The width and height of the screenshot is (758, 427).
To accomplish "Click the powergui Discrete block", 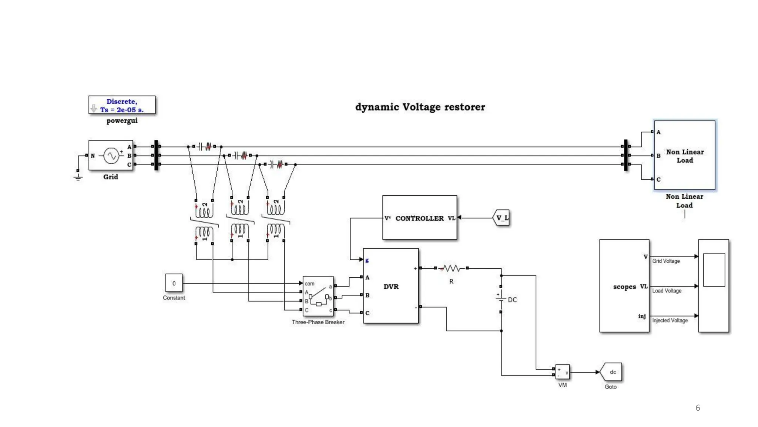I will pos(122,105).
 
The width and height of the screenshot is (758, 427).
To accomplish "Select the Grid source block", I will pos(111,155).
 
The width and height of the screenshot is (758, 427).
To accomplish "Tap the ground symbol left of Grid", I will pos(78,177).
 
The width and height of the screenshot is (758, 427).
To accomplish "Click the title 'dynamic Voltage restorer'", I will pos(420,107).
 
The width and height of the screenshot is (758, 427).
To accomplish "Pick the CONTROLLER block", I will pos(419,218).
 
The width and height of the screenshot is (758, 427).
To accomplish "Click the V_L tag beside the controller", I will pos(502,218).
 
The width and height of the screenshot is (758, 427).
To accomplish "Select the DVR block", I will pos(391,286).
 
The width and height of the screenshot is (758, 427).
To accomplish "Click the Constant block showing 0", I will pos(174,284).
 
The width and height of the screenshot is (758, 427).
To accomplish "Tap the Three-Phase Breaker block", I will pos(318,297).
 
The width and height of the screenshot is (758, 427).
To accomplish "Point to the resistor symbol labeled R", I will pos(451,268).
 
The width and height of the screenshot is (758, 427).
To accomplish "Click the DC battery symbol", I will pos(501,299).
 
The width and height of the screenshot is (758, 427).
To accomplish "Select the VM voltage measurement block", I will pos(562,372).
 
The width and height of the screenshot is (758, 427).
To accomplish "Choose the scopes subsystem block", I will pos(624,286).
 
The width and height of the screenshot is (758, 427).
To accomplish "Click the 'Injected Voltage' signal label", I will pos(670,320).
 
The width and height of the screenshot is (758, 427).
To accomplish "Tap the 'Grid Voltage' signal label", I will pos(666,261).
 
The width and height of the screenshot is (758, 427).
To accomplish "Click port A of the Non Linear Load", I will pos(658,132).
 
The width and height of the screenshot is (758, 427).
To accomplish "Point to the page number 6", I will pos(698,408).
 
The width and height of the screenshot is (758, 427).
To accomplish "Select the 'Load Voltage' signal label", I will pos(667,291).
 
